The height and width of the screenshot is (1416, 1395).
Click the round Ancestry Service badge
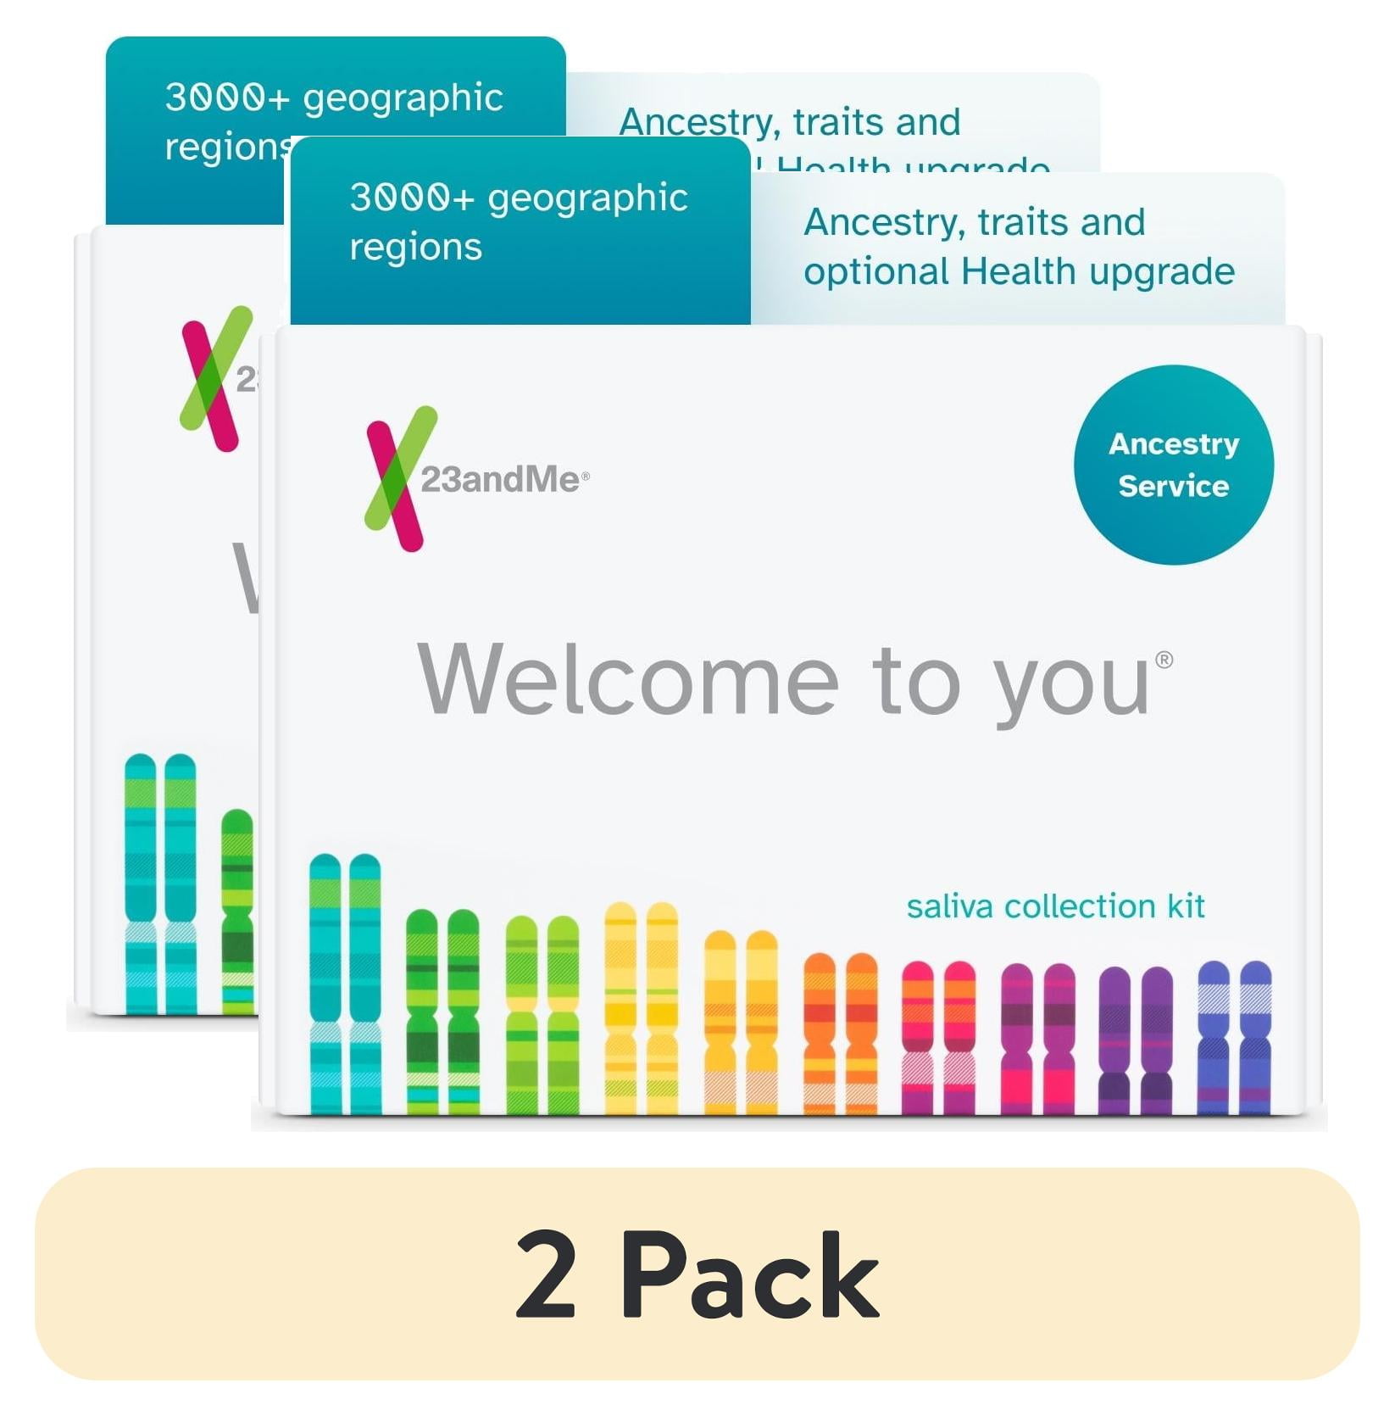[x=1173, y=465]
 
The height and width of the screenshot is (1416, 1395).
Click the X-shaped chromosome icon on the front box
[x=399, y=478]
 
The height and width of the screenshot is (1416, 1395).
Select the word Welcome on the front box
[x=628, y=681]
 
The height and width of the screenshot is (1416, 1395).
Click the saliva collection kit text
[x=1055, y=906]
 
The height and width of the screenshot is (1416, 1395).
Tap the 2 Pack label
[x=697, y=1276]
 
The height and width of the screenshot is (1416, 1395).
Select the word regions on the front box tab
[x=415, y=247]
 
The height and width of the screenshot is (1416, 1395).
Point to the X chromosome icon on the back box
[x=214, y=378]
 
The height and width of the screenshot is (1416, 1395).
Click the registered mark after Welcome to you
[x=1164, y=660]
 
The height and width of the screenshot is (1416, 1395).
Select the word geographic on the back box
[x=403, y=98]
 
